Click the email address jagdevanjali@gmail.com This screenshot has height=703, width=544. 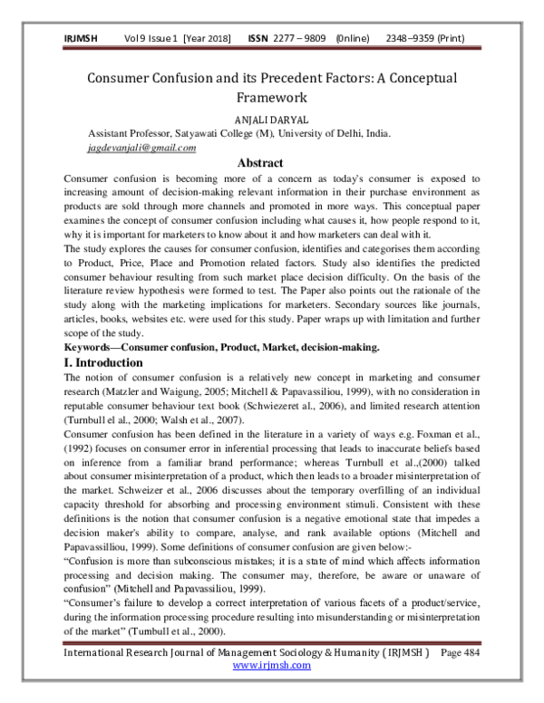pos(141,148)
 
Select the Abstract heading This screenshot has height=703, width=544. pos(272,163)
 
